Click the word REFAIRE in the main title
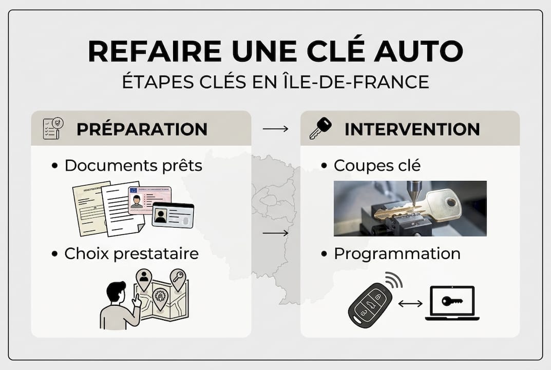click(155, 51)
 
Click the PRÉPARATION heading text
click(142, 129)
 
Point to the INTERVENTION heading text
click(412, 129)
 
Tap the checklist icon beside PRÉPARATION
click(53, 128)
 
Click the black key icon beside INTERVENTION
click(320, 128)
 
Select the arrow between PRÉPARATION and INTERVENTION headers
click(275, 129)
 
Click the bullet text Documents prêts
click(134, 165)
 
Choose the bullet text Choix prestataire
click(131, 253)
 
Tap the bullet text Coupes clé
click(377, 165)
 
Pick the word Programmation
click(397, 253)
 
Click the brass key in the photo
click(418, 208)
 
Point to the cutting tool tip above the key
click(414, 204)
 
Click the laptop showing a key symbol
click(452, 303)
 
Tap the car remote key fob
click(370, 305)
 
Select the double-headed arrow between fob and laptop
click(410, 303)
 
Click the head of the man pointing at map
click(116, 291)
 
